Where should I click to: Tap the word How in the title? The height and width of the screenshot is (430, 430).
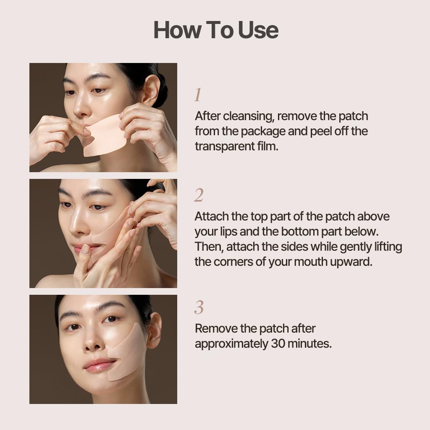pos(178,30)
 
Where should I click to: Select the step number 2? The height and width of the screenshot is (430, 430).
pos(199,195)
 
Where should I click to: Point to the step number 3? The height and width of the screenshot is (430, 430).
pos(199,307)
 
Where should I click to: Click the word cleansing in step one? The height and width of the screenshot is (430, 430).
pos(249,116)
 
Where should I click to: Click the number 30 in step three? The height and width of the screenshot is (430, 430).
pos(278,343)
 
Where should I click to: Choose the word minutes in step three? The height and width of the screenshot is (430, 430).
pos(309,343)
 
